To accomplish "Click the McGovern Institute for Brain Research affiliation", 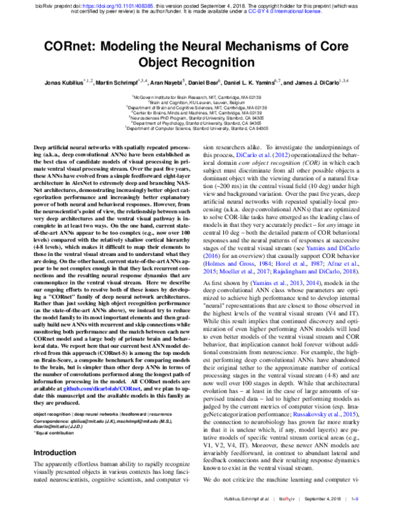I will [198, 96].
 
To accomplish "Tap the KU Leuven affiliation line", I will [198, 102].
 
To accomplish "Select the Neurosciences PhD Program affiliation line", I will [198, 117].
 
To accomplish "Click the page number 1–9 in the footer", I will [356, 503].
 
